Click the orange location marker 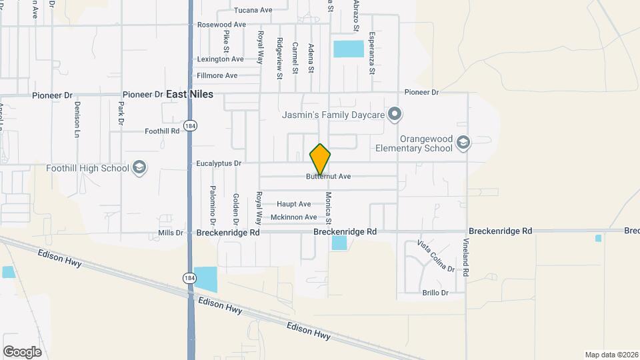point(320,159)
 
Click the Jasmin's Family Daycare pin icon point(395,115)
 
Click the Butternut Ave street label point(328,177)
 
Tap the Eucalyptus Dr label point(219,163)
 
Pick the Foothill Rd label point(162,131)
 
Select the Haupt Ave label point(294,204)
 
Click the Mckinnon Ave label point(293,217)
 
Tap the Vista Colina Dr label point(436,257)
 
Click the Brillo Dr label point(435,293)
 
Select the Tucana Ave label point(253,10)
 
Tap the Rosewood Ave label point(222,25)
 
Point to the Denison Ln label point(77,115)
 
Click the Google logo point(22,351)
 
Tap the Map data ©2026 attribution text point(610,355)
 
